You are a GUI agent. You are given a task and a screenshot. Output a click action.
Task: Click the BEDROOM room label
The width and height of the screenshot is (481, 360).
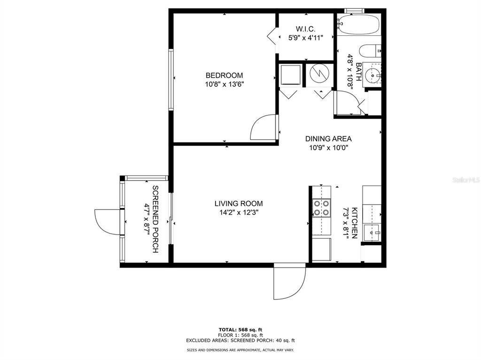coord(224,76)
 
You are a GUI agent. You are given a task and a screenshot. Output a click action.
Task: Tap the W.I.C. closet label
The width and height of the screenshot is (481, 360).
coord(305,29)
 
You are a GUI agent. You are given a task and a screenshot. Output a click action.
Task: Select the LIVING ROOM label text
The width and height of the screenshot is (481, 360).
coord(239,203)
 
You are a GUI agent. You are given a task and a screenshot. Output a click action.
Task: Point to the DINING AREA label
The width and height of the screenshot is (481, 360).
coord(328,138)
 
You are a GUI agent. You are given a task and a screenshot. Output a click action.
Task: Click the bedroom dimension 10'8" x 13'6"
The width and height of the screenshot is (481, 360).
coord(224,84)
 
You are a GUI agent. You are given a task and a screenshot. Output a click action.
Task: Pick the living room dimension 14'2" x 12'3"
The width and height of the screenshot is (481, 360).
coord(239,212)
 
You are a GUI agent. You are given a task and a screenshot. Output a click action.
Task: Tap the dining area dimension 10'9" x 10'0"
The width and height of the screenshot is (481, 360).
coord(328,148)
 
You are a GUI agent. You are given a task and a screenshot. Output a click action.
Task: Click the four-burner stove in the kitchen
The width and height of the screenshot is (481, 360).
coord(321,208)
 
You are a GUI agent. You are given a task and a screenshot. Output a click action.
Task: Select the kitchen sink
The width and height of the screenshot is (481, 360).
coord(372,233)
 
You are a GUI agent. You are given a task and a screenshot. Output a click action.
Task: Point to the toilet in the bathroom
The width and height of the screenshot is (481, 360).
coord(370,51)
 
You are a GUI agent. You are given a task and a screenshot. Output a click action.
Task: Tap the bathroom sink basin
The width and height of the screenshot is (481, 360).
coord(372,75)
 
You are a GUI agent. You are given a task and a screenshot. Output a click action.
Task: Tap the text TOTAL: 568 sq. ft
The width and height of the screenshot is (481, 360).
coord(240,330)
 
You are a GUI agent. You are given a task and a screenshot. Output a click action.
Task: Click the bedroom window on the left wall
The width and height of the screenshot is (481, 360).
coord(171,79)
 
